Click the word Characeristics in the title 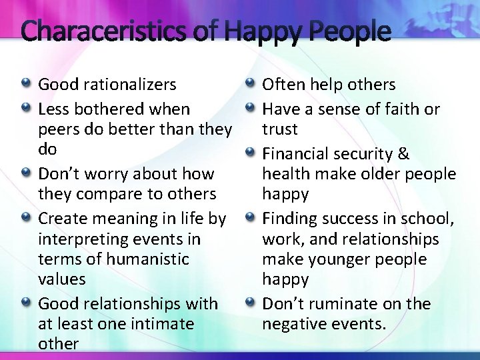113,31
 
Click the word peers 59,129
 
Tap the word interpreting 82,239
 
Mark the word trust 280,129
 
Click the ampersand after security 403,154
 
